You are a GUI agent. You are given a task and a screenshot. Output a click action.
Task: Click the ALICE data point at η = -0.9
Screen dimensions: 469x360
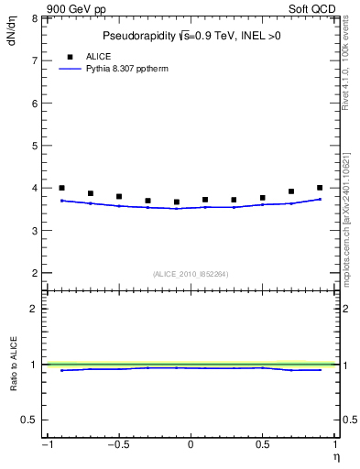tap(61, 188)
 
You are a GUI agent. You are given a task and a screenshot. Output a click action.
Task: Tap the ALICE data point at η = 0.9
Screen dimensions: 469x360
tap(320, 188)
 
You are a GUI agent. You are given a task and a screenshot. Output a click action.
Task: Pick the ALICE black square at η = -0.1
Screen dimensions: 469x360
tap(177, 202)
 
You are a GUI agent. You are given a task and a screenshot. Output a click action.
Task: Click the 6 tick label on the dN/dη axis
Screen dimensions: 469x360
tap(34, 103)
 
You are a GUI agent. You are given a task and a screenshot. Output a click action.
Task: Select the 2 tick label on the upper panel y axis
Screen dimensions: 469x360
tap(34, 273)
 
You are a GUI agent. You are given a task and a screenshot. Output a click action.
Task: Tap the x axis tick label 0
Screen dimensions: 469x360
tap(191, 445)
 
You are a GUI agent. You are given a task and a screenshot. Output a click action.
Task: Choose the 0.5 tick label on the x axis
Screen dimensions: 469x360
tap(262, 445)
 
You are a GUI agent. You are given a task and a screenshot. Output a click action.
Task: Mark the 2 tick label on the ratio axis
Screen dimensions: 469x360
tap(34, 309)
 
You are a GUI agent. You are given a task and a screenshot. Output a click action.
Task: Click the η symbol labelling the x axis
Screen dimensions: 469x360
tap(335, 456)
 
